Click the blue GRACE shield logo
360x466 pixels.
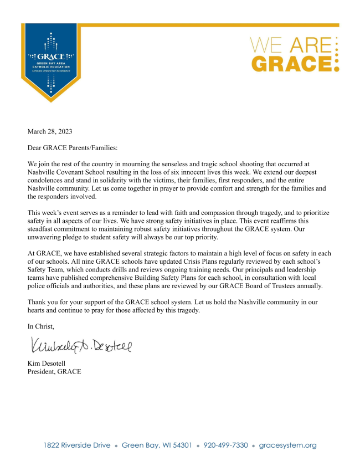pos(51,61)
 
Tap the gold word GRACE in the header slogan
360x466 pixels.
pos(291,62)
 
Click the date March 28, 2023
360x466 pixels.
pos(50,131)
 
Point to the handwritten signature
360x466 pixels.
pos(81,347)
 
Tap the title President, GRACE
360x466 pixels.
pos(54,371)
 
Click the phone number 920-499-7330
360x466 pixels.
pos(225,445)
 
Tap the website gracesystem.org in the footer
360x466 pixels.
pos(287,445)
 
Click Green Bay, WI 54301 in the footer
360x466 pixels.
pos(157,445)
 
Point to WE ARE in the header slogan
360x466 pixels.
pos(291,44)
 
